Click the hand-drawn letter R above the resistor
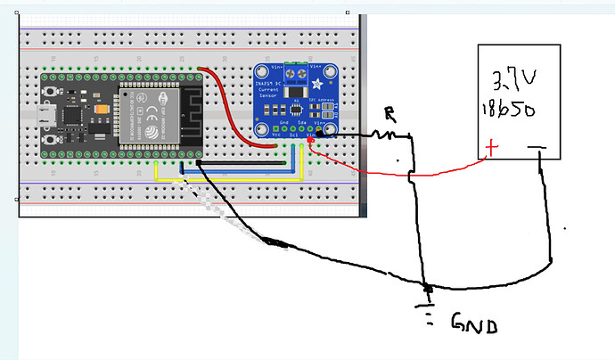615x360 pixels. coord(389,114)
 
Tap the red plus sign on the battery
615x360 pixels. coord(488,148)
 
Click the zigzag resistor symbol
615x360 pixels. coord(385,135)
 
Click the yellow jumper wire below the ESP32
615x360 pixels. coord(223,178)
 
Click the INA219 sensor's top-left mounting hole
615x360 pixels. coord(263,71)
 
